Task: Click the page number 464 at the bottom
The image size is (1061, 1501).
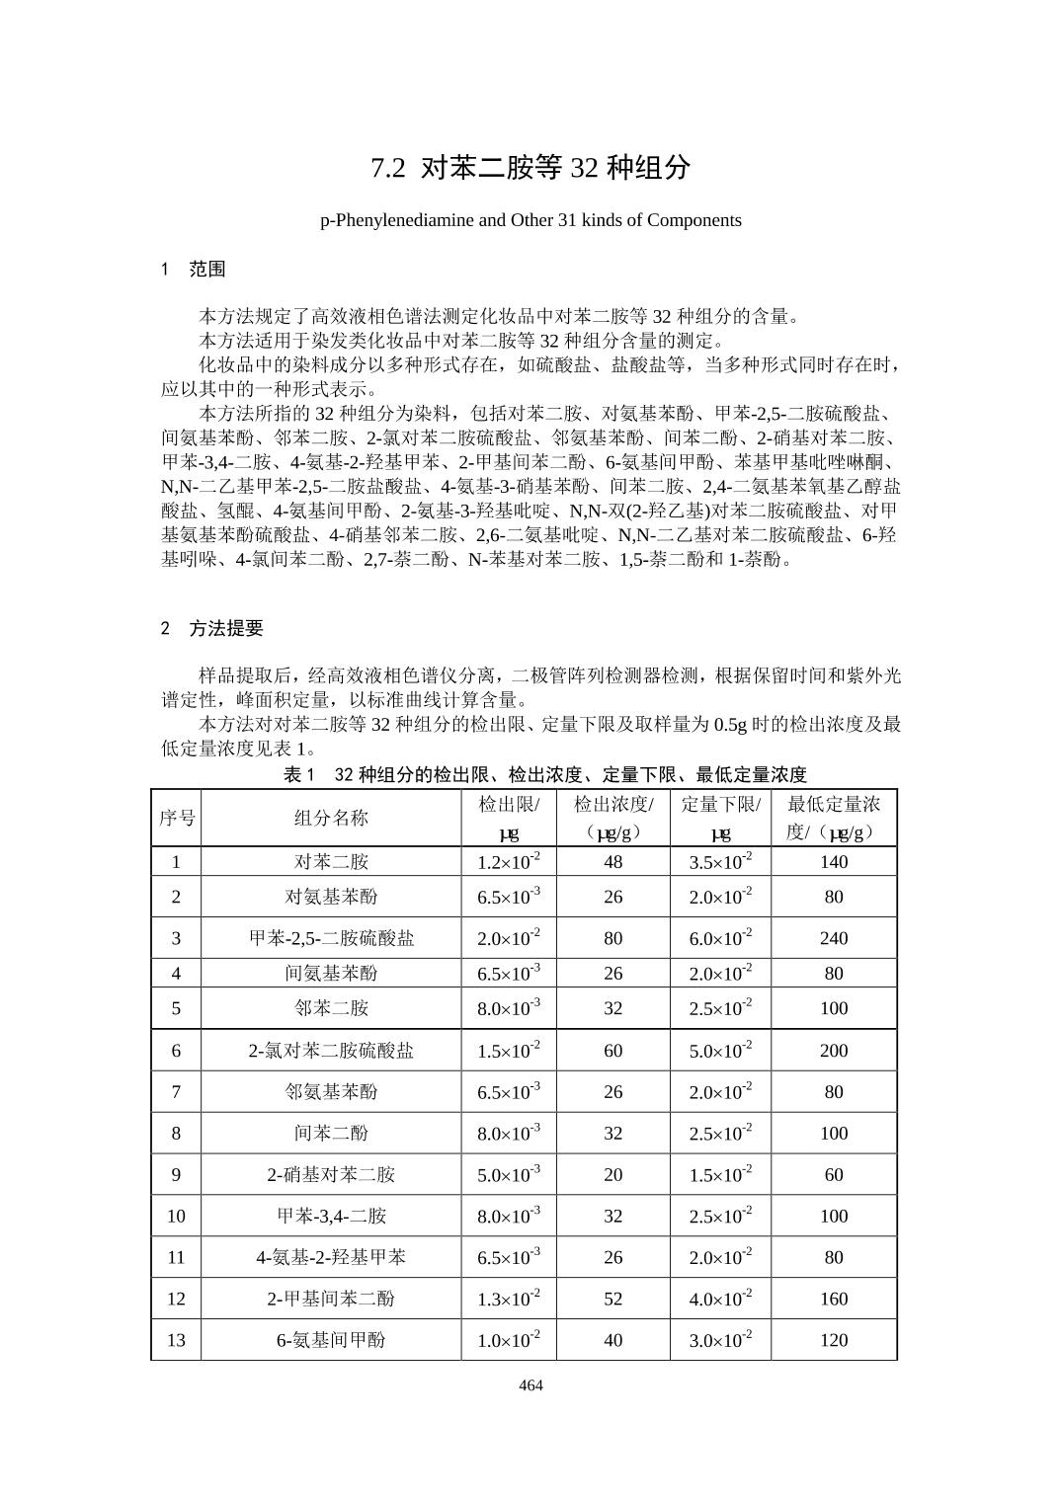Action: pos(530,1384)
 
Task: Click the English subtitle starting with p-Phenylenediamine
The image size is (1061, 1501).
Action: pos(530,219)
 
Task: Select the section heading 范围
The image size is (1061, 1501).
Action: pos(207,269)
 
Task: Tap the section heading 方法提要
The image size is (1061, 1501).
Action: pos(226,628)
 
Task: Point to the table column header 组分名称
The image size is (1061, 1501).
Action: pos(331,818)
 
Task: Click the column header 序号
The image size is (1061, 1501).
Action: pos(177,818)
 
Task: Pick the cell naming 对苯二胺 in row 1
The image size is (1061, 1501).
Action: pos(331,861)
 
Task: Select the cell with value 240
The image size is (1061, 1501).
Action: pos(834,938)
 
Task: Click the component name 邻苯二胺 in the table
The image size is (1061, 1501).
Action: pos(331,1008)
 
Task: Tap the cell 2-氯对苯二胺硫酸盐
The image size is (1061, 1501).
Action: pos(331,1051)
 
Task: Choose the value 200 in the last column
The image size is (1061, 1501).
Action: pos(834,1051)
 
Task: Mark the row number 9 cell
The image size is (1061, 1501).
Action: pos(177,1174)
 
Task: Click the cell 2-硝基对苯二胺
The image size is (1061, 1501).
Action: pos(331,1174)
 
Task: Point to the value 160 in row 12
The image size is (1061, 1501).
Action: pos(834,1299)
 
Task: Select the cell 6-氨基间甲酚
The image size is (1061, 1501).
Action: pos(331,1340)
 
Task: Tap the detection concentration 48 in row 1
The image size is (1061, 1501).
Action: pos(613,861)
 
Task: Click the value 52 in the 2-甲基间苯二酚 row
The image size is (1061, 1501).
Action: pos(613,1299)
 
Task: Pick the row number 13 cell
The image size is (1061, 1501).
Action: pos(177,1340)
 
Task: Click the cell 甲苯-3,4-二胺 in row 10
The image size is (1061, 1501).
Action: pos(331,1216)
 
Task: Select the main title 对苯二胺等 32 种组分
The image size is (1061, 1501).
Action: pos(530,168)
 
